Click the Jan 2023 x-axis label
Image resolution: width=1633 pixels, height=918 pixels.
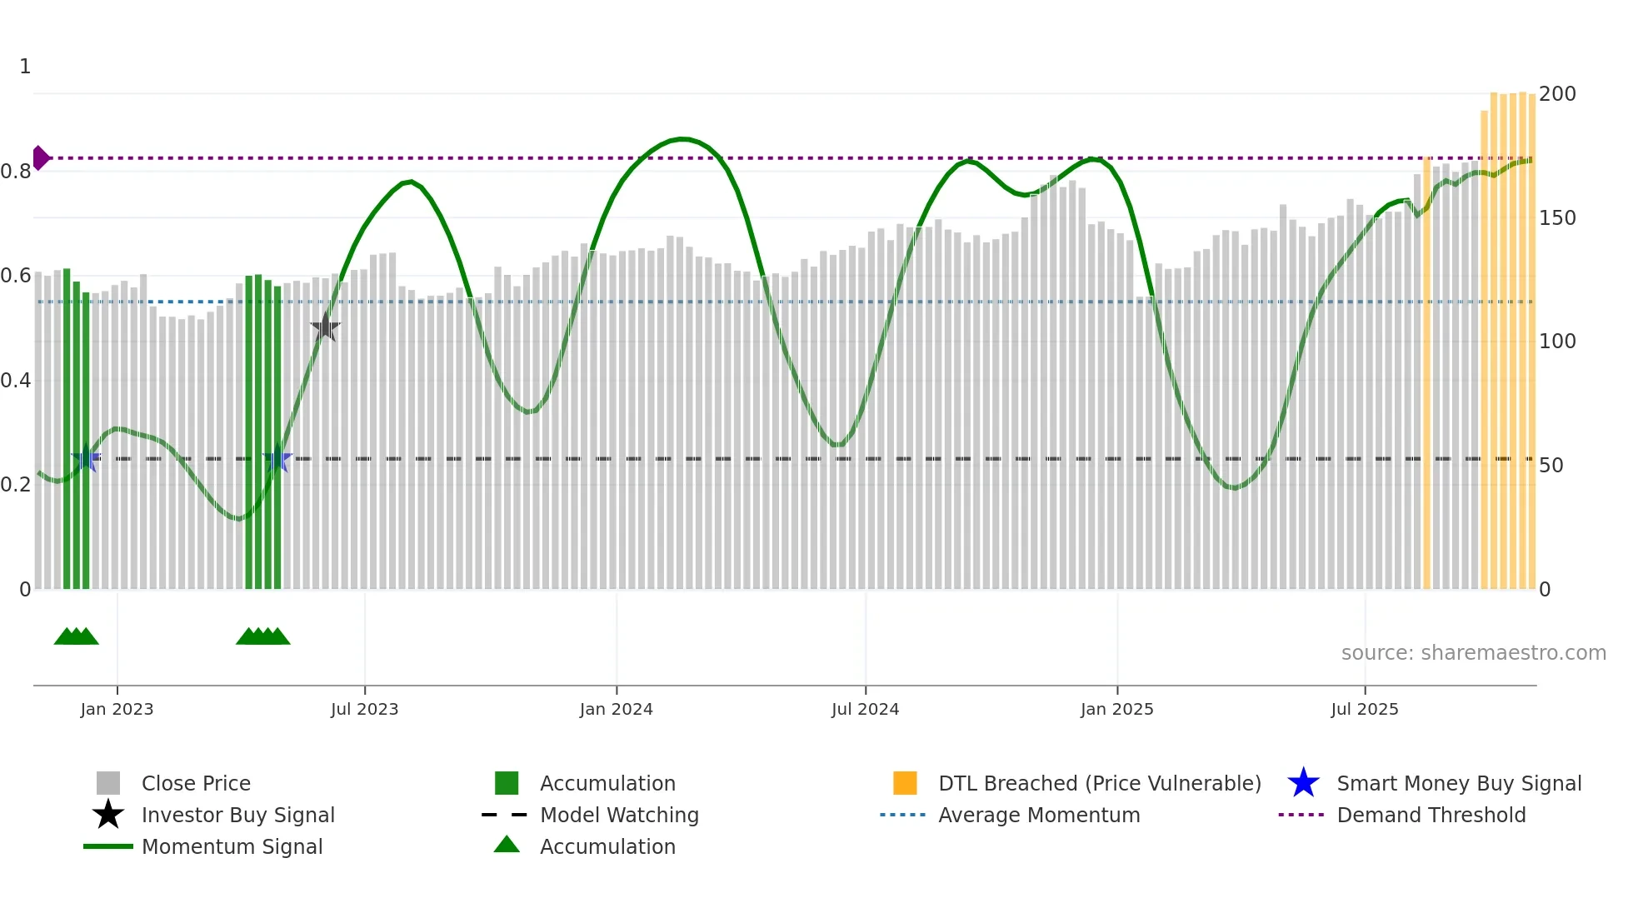[117, 709]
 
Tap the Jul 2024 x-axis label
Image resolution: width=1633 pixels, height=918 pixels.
[865, 709]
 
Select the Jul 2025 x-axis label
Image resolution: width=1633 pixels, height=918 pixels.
[1364, 709]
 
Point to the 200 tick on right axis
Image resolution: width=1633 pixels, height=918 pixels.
[1556, 94]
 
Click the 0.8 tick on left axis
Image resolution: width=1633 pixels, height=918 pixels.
[16, 172]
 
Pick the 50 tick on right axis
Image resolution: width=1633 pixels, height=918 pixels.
[1551, 466]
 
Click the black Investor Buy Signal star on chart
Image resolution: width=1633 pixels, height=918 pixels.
[325, 327]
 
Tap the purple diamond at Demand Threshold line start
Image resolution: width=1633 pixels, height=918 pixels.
[40, 157]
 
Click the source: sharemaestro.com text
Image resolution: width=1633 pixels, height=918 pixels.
[1473, 653]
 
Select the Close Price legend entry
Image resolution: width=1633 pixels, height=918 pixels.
[196, 783]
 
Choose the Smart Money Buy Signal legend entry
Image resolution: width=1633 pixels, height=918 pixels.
[1458, 783]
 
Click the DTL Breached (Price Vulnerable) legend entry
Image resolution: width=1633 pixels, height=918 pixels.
[1099, 783]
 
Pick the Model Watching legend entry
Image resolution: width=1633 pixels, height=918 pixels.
[618, 815]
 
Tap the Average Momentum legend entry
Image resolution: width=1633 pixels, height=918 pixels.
[1038, 815]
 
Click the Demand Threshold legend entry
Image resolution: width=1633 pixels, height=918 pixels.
[1431, 815]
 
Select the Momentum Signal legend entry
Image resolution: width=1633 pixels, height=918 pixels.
[232, 846]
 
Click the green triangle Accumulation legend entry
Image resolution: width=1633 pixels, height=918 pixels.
[607, 846]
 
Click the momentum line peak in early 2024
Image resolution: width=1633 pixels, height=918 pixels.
[682, 139]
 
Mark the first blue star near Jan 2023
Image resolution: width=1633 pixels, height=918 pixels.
[86, 458]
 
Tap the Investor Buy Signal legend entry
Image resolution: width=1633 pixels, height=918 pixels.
[237, 815]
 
